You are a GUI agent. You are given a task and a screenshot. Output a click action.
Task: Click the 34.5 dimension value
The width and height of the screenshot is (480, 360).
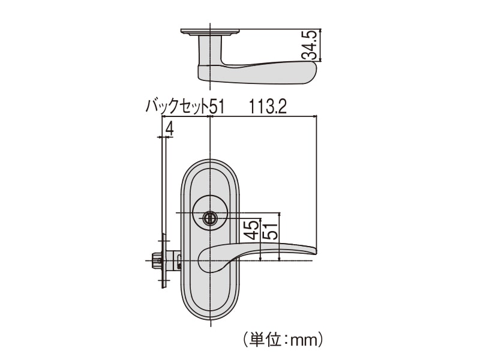[x=308, y=44]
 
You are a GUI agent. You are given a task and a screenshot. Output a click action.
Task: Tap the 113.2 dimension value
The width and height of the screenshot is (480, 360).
[x=268, y=107]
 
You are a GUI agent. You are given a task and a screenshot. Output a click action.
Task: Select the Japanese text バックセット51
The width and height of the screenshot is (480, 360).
[x=185, y=107]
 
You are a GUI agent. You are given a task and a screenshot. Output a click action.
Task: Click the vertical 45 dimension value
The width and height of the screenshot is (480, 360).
[x=251, y=230]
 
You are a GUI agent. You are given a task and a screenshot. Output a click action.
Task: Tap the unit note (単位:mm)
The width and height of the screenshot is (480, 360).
[x=283, y=340]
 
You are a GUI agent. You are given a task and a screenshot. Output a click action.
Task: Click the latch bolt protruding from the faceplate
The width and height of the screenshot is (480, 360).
[x=157, y=260]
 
